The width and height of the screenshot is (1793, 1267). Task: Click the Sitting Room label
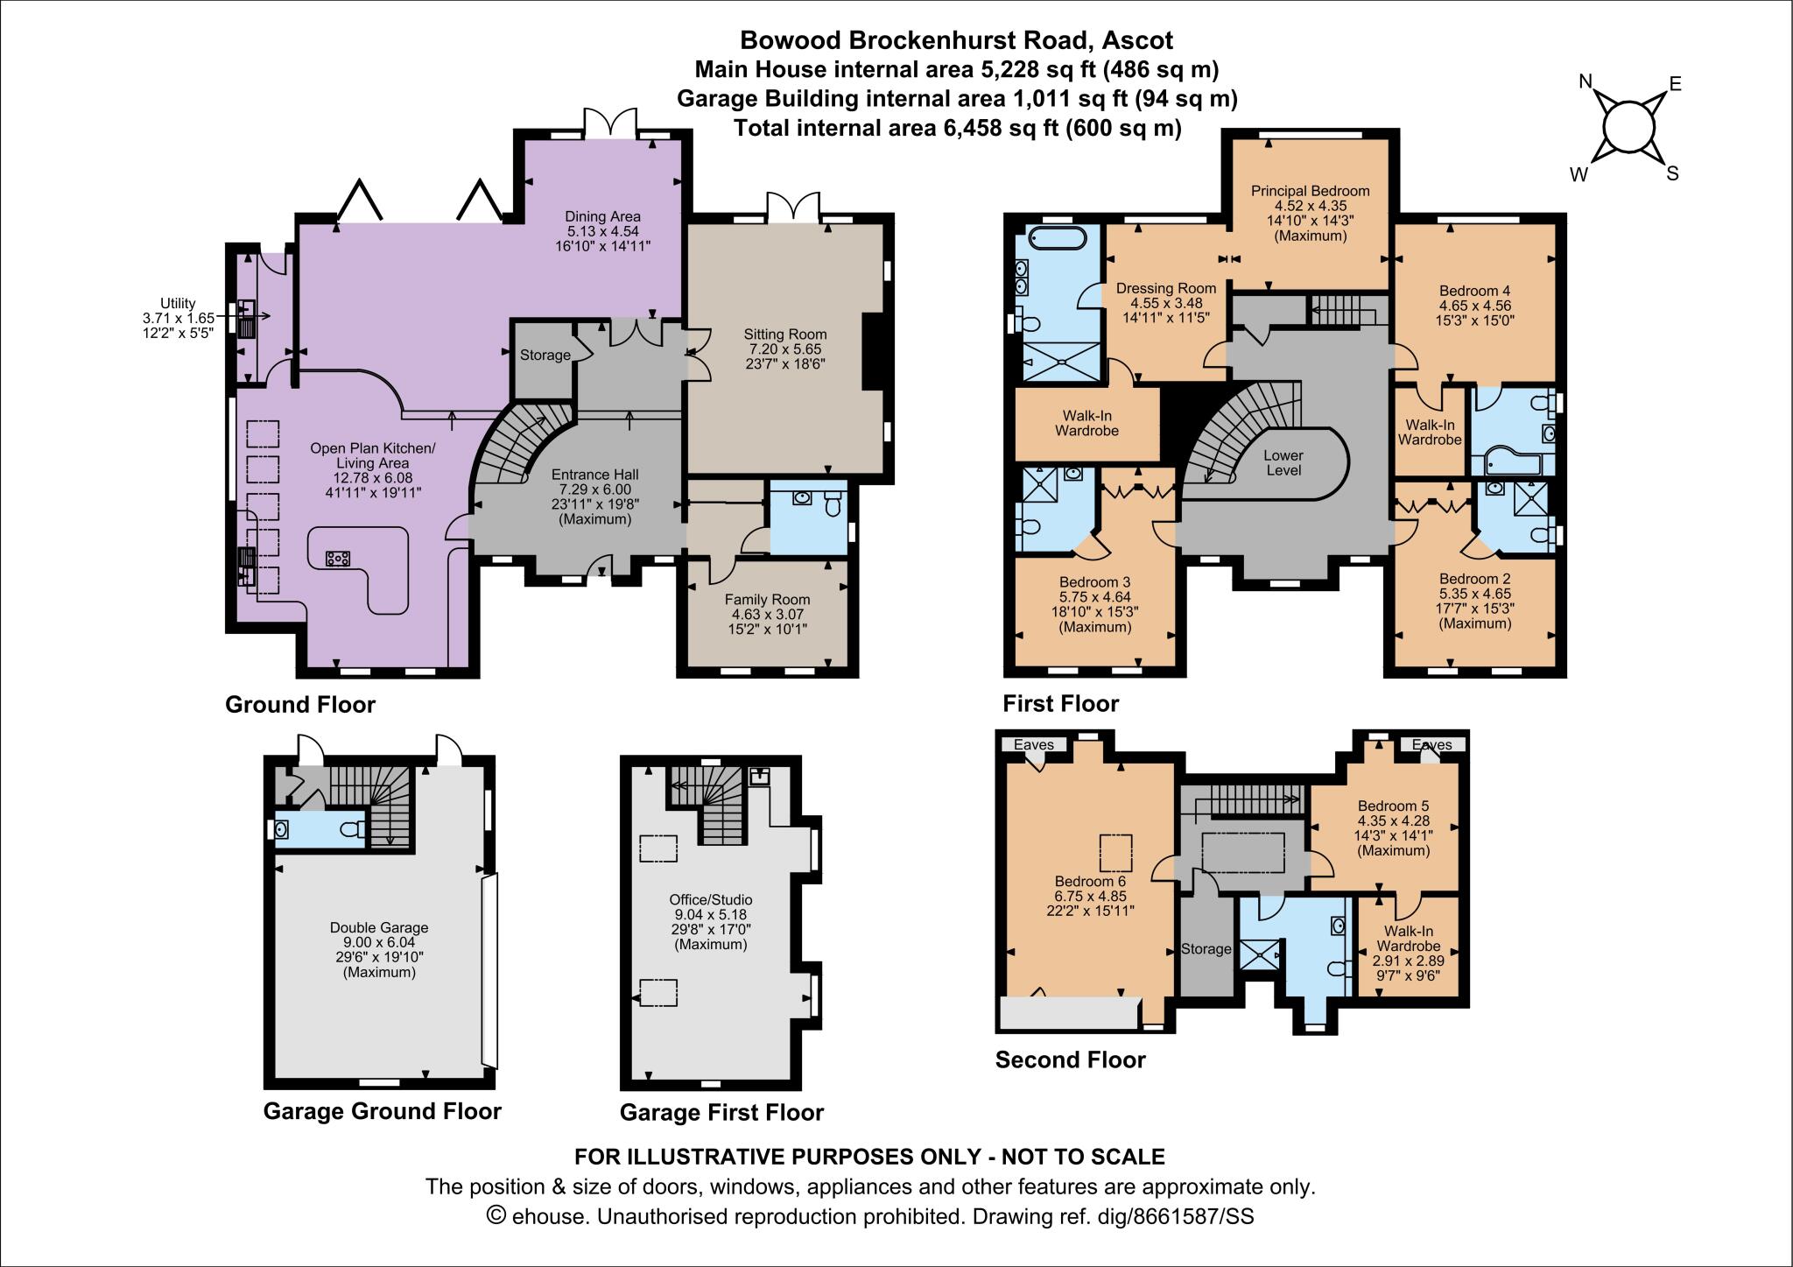pyautogui.click(x=784, y=334)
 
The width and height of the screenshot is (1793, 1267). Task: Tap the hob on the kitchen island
pyautogui.click(x=337, y=558)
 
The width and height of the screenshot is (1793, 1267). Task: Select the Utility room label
pyautogui.click(x=178, y=303)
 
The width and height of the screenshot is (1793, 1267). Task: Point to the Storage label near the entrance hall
pyautogui.click(x=545, y=355)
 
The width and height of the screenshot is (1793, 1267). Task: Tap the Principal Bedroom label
pyautogui.click(x=1310, y=191)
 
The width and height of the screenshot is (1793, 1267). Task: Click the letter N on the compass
pyautogui.click(x=1585, y=81)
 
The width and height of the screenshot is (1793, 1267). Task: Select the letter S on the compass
pyautogui.click(x=1672, y=173)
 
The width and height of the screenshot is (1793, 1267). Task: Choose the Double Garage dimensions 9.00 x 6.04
pyautogui.click(x=379, y=942)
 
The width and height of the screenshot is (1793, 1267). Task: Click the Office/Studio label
pyautogui.click(x=710, y=899)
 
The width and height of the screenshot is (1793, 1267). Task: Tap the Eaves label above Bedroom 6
pyautogui.click(x=1033, y=744)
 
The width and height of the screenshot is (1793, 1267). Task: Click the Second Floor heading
pyautogui.click(x=1070, y=1059)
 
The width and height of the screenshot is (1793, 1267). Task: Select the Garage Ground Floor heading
pyautogui.click(x=382, y=1111)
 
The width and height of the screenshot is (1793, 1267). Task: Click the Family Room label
pyautogui.click(x=767, y=600)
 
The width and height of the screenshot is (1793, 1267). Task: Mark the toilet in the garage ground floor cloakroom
pyautogui.click(x=352, y=829)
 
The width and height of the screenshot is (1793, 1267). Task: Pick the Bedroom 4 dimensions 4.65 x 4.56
pyautogui.click(x=1474, y=306)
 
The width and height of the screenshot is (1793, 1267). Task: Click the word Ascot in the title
pyautogui.click(x=1138, y=40)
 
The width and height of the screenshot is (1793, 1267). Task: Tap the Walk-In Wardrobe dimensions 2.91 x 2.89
pyautogui.click(x=1408, y=961)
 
